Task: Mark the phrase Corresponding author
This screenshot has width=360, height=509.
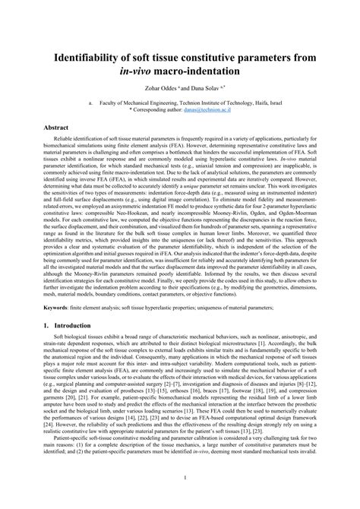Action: click(158, 109)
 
